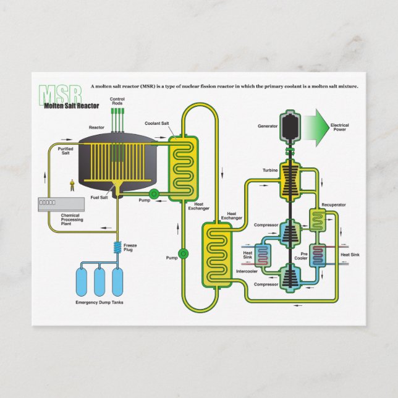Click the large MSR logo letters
[x=60, y=94]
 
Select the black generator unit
[x=288, y=127]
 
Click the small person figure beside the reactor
[x=72, y=184]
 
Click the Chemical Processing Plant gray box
[x=61, y=203]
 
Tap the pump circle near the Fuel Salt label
[x=155, y=194]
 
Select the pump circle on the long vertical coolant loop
[x=183, y=253]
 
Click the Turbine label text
[x=270, y=170]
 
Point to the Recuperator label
[x=333, y=205]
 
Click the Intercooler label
[x=247, y=271]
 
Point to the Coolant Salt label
[x=157, y=124]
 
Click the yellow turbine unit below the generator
[x=288, y=180]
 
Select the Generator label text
[x=268, y=126]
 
